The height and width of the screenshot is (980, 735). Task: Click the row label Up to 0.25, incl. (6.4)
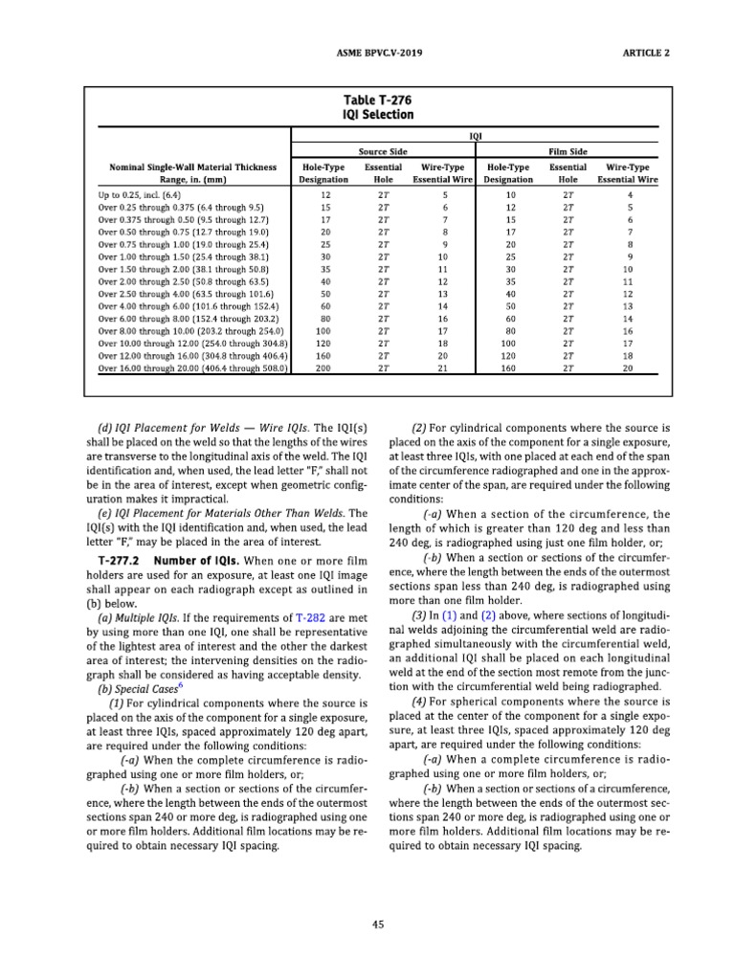[x=145, y=194]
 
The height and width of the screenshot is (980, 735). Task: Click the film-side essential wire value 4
[x=628, y=194]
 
